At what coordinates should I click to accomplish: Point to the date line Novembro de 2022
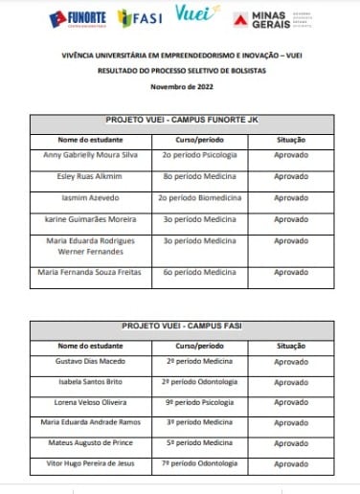(179, 87)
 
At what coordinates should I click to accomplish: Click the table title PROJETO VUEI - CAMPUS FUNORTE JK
(179, 121)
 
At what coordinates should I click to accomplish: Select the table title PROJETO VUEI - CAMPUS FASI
(179, 326)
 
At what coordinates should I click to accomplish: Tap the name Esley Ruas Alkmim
(79, 177)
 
